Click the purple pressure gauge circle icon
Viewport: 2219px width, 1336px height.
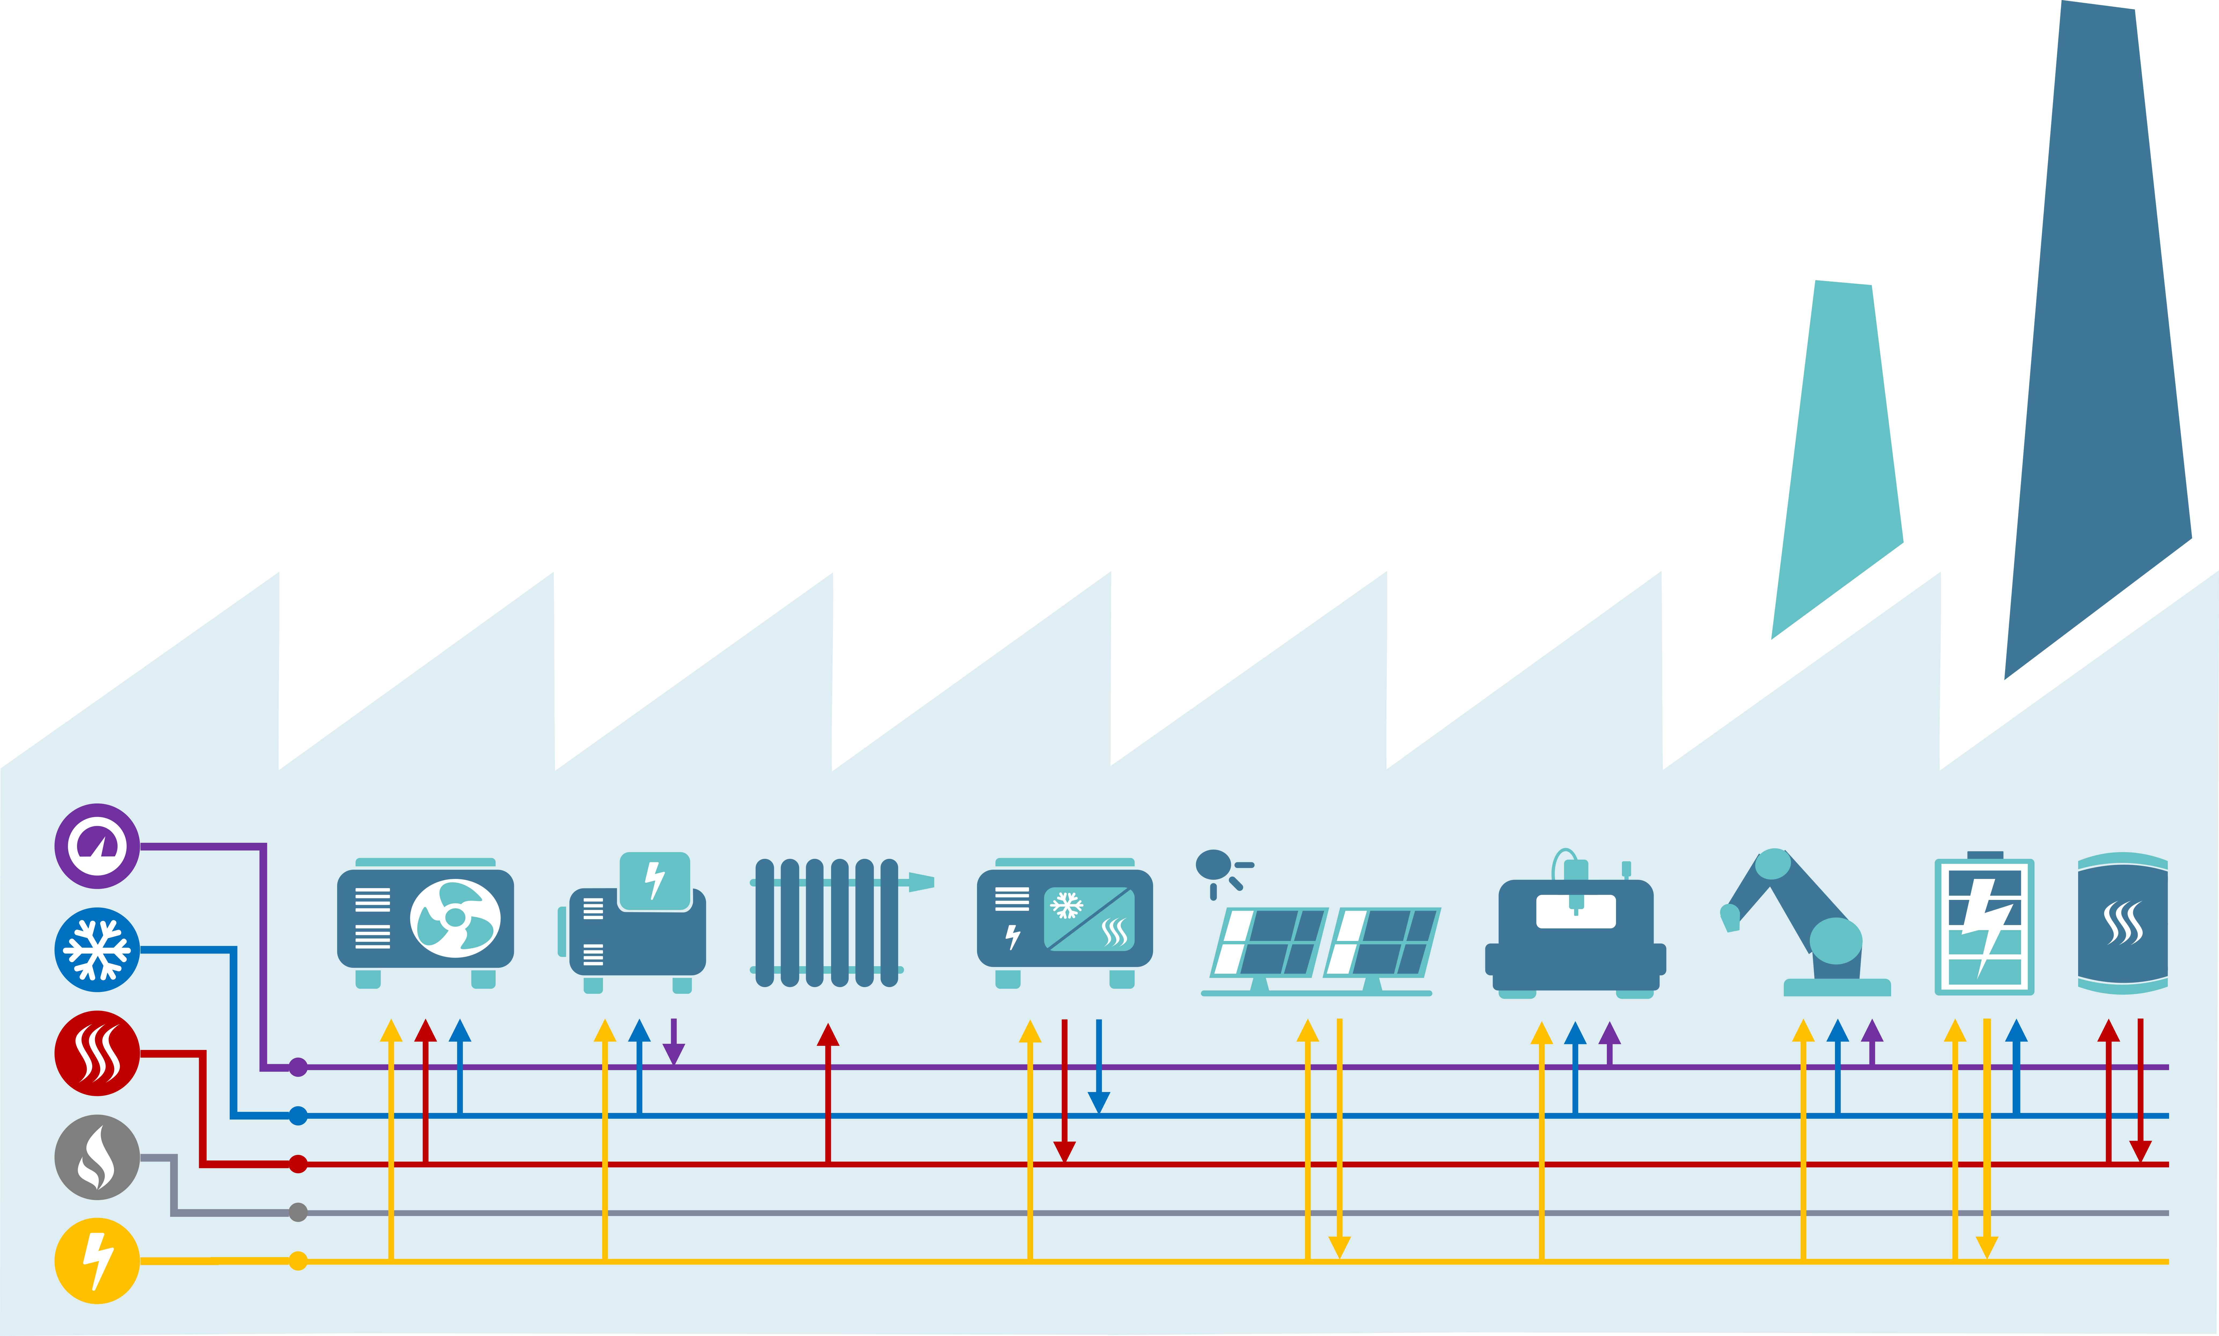click(x=97, y=846)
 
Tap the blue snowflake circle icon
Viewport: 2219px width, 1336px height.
click(x=97, y=950)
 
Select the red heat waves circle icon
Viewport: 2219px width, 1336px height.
click(x=97, y=1053)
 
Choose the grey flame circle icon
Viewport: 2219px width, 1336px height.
click(x=97, y=1157)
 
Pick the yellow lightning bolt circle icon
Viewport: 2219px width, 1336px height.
click(x=97, y=1260)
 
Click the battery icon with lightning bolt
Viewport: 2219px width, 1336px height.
click(x=1984, y=925)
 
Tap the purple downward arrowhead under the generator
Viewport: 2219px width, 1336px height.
click(x=673, y=1053)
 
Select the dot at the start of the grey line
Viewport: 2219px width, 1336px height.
click(x=298, y=1213)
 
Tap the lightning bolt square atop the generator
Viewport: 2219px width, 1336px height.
click(x=655, y=881)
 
